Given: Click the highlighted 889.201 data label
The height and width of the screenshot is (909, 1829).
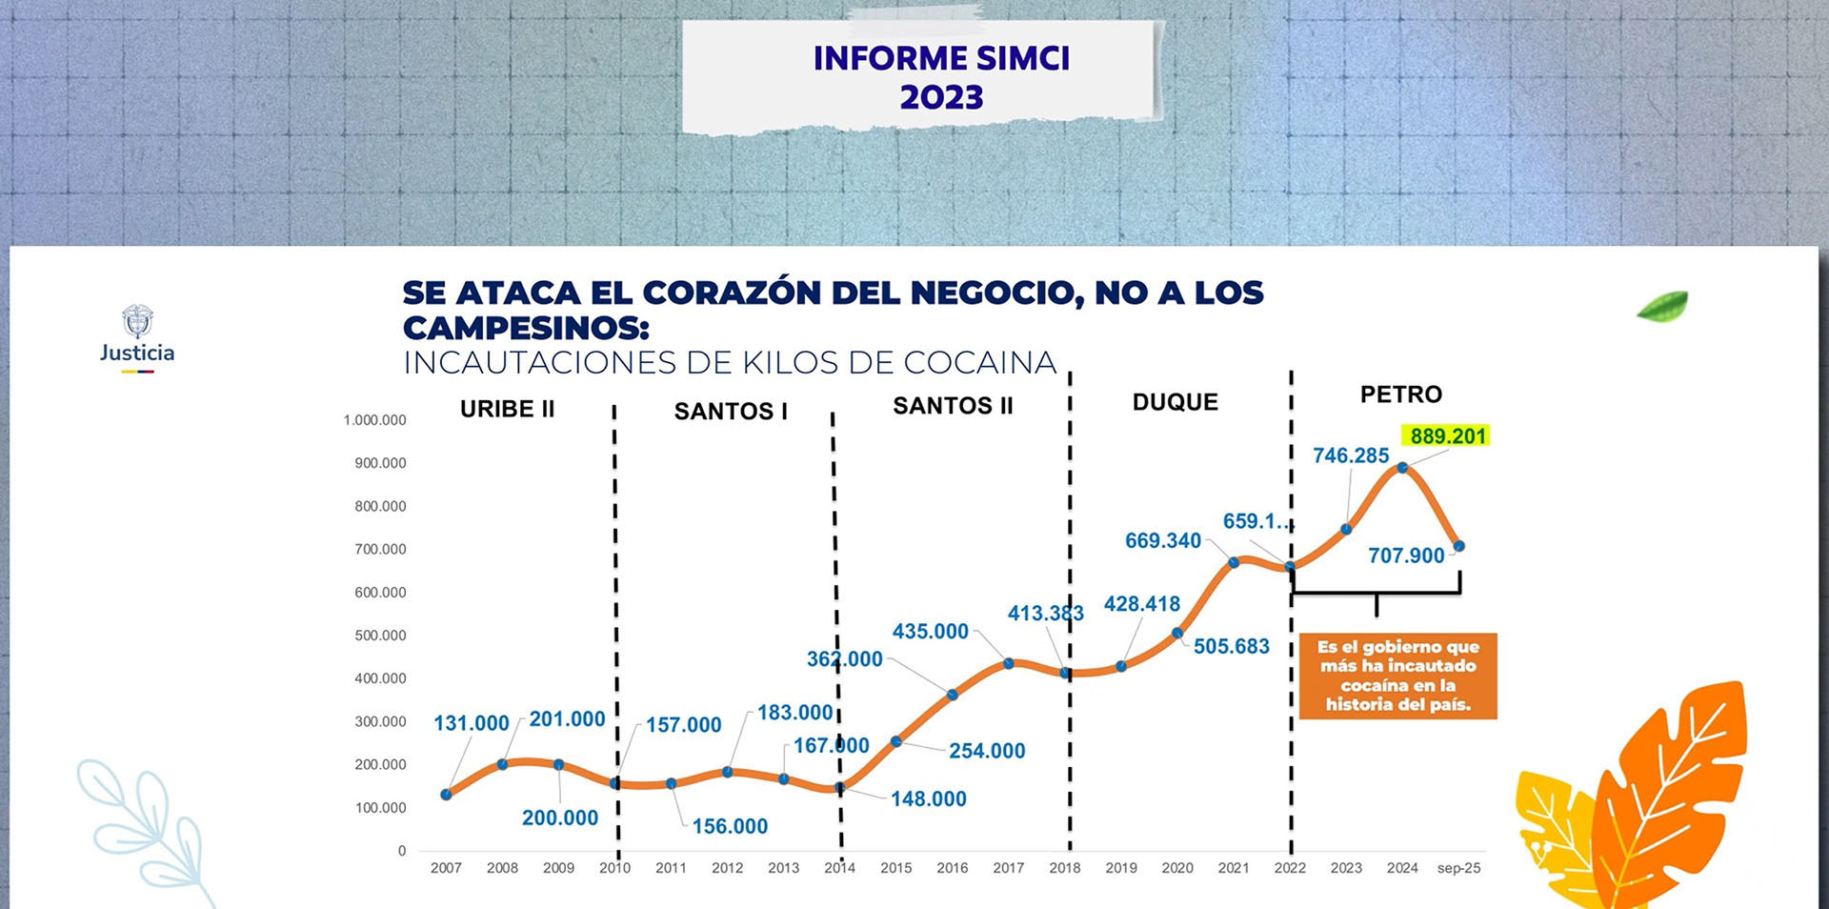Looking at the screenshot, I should coord(1448,436).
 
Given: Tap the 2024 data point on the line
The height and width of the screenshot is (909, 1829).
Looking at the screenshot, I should coord(1402,468).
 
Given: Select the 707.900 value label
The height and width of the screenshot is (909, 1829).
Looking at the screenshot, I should coord(1406,555).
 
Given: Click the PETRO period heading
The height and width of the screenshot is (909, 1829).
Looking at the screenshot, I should coord(1400,394).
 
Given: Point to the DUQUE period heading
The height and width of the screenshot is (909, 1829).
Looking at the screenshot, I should coord(1175,402).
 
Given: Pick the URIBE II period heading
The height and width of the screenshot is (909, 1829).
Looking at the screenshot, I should coord(507,409).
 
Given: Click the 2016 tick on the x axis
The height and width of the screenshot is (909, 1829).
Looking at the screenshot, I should coord(952,868).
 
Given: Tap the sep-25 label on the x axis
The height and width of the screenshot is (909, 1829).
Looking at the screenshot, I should coord(1458,868).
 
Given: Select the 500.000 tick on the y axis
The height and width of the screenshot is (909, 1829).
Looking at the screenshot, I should coord(380,636).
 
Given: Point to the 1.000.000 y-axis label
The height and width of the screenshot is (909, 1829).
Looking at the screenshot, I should coord(374,420).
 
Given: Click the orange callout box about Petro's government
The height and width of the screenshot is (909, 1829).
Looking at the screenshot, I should coord(1397,676).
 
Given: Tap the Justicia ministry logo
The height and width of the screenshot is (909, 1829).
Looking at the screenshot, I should coord(137,337).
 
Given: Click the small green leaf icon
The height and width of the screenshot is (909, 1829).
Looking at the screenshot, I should coord(1662,307).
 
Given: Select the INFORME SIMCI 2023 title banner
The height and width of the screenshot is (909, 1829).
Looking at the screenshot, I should coord(941,77).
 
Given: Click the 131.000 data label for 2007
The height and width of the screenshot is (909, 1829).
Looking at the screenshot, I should coord(472,723).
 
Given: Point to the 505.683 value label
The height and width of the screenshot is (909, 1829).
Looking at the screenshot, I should coord(1231,647).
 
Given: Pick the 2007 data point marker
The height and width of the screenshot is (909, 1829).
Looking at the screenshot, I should coord(447,794).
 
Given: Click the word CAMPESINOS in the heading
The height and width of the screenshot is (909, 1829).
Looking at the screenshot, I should coord(525,328).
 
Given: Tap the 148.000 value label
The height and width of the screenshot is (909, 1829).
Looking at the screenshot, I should coord(928,799).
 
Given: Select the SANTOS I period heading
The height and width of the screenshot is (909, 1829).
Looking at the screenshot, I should coord(731,412).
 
